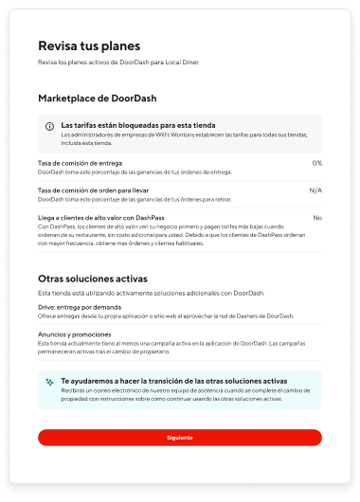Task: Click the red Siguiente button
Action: click(x=180, y=438)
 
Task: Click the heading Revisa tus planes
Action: click(x=89, y=45)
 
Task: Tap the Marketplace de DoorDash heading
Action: click(x=98, y=98)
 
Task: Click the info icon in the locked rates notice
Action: click(x=50, y=126)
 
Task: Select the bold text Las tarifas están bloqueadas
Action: click(x=137, y=125)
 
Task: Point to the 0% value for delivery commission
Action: click(x=316, y=163)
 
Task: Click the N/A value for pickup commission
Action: click(x=315, y=189)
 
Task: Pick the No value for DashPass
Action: click(x=317, y=217)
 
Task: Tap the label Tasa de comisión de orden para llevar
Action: click(x=95, y=189)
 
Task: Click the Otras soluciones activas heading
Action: click(x=92, y=278)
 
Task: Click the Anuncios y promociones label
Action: click(x=77, y=333)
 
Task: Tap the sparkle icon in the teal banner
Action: click(x=50, y=383)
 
